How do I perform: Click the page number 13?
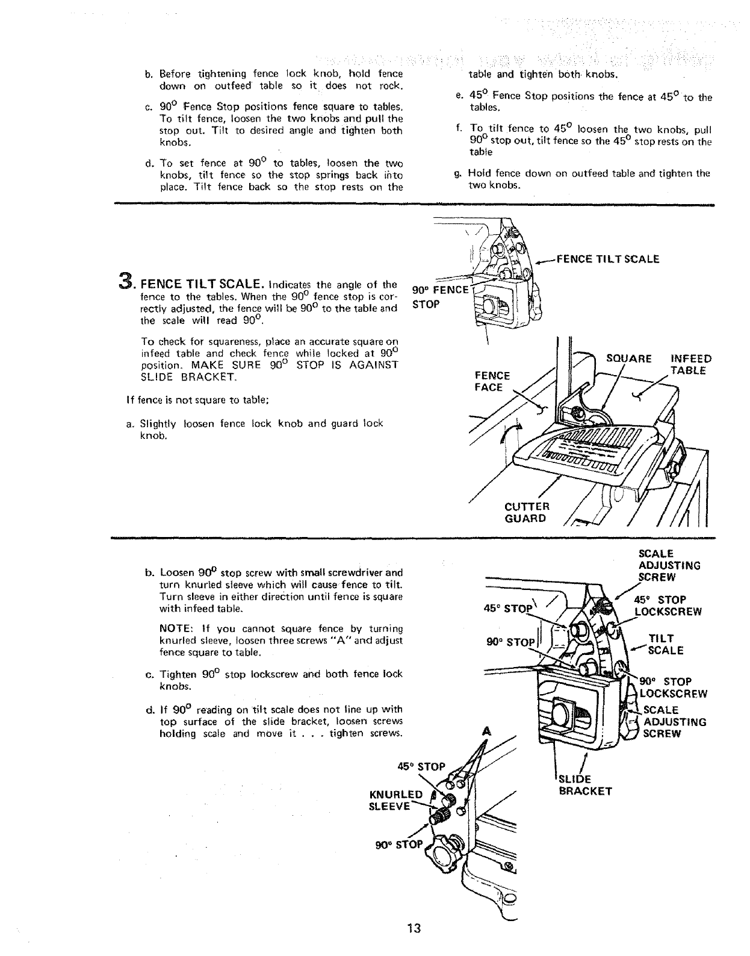point(412,928)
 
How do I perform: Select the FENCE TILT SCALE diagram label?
point(608,259)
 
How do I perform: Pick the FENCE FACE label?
point(492,381)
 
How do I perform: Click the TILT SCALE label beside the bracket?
point(665,644)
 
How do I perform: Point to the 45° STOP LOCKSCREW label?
point(668,606)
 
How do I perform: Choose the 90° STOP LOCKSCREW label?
point(668,688)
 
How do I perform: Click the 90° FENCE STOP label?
point(438,296)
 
